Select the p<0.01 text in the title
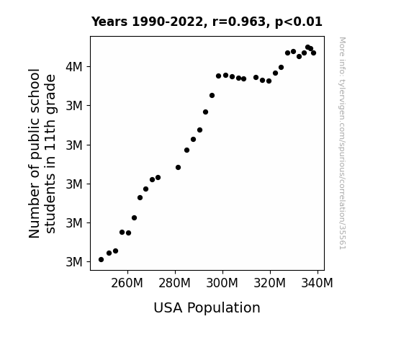coord(299,22)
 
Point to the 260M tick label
coord(127,283)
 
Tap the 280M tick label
coord(174,283)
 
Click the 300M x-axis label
coord(222,283)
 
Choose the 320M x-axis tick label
coord(269,283)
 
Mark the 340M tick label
coord(317,283)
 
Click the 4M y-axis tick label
coord(74,67)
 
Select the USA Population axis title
coord(207,308)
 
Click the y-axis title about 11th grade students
coord(42,153)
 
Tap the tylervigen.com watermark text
coord(343,143)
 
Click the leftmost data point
coord(101,260)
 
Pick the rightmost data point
coord(313,53)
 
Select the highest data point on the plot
coord(308,48)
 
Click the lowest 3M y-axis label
coord(74,262)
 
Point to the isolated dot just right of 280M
coord(179,168)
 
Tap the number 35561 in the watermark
coord(343,237)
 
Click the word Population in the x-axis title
coord(223,308)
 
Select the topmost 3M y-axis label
coord(74,106)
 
